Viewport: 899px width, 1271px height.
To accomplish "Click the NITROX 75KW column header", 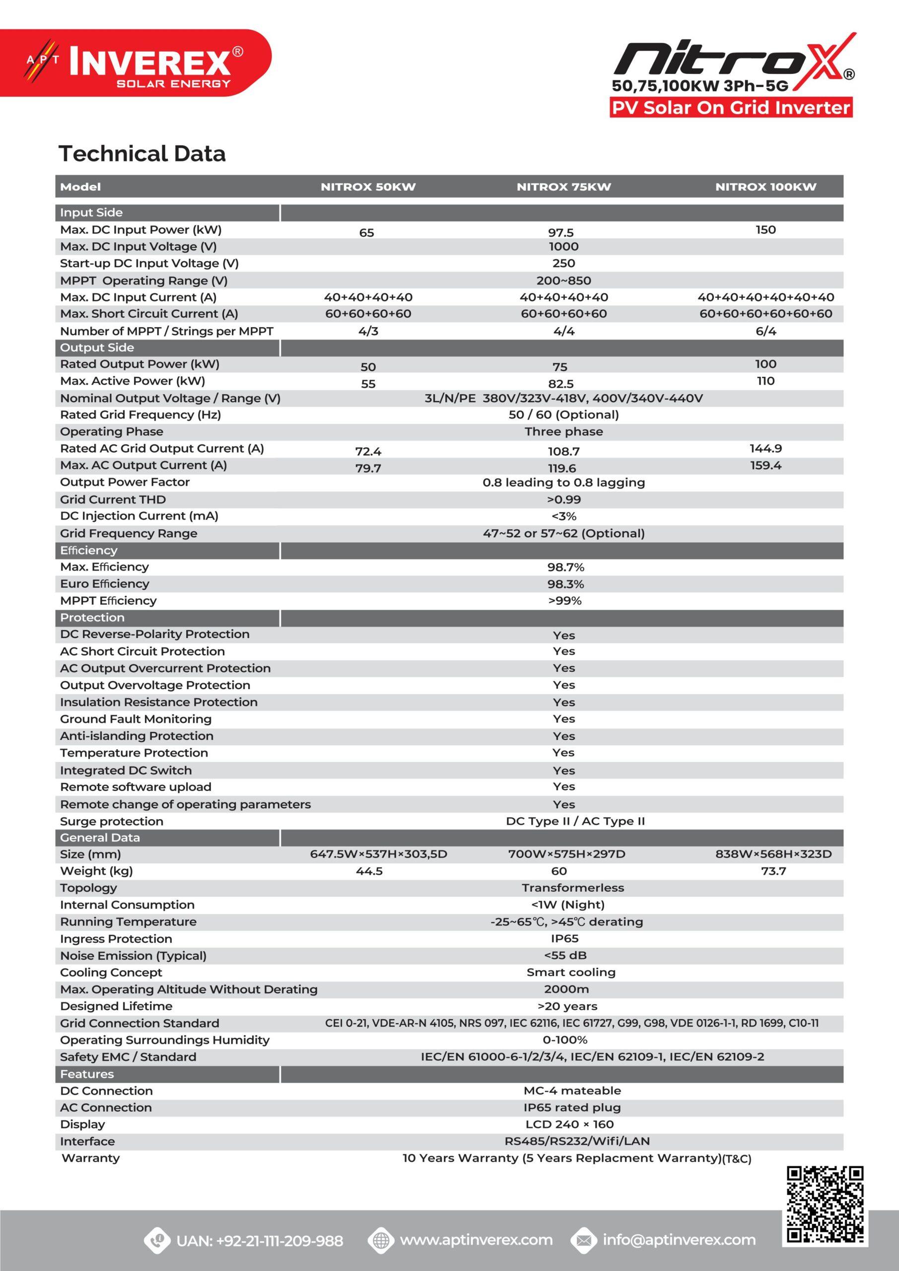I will (563, 187).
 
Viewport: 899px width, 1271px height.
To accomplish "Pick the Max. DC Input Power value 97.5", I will (561, 233).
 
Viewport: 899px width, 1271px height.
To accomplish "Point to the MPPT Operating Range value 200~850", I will (563, 281).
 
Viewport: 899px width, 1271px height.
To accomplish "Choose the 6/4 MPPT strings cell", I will (765, 332).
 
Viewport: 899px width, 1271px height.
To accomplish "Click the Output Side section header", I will (97, 348).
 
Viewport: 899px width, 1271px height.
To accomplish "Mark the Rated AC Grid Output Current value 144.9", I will (765, 448).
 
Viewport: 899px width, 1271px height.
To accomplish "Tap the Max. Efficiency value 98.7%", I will (565, 567).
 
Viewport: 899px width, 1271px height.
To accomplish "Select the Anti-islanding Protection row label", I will (137, 736).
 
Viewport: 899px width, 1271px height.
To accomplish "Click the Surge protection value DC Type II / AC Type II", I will (575, 822).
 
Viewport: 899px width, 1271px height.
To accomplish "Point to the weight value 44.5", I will (369, 871).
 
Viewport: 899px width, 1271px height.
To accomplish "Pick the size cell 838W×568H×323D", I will (773, 854).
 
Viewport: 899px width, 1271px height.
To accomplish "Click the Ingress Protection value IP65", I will (564, 939).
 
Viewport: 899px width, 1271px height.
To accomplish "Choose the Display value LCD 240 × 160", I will (569, 1125).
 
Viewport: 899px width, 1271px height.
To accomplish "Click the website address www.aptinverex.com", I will (476, 1240).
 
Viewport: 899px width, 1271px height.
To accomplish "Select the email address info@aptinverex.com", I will (679, 1240).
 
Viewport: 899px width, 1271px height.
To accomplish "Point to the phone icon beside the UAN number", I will (157, 1240).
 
